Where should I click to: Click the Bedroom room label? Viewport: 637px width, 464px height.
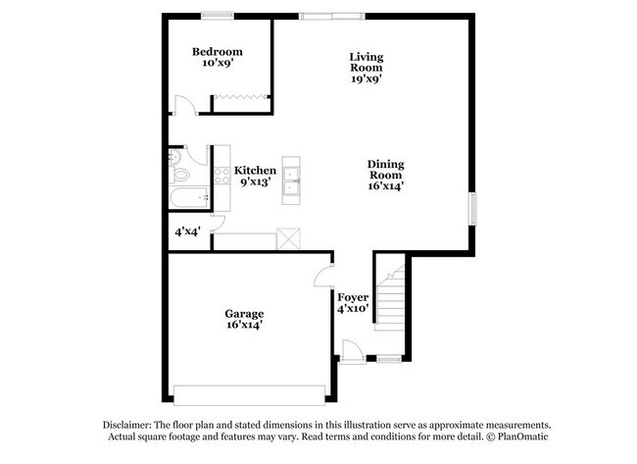(x=217, y=52)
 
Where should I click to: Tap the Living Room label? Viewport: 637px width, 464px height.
(x=367, y=63)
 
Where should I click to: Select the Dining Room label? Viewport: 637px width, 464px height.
(x=385, y=169)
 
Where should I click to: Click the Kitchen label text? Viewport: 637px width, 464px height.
(x=248, y=170)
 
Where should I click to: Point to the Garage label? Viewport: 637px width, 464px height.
(x=243, y=314)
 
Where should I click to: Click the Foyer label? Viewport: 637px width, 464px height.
(x=353, y=297)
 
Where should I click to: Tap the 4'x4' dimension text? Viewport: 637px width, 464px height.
(x=187, y=233)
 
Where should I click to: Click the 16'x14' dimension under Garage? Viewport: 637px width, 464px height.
(x=243, y=325)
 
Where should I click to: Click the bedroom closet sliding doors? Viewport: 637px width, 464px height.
(x=240, y=96)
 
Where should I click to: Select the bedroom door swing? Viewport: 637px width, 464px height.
(x=183, y=105)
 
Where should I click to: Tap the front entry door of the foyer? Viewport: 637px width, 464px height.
(x=350, y=351)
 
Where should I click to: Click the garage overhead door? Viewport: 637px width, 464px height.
(x=249, y=393)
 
